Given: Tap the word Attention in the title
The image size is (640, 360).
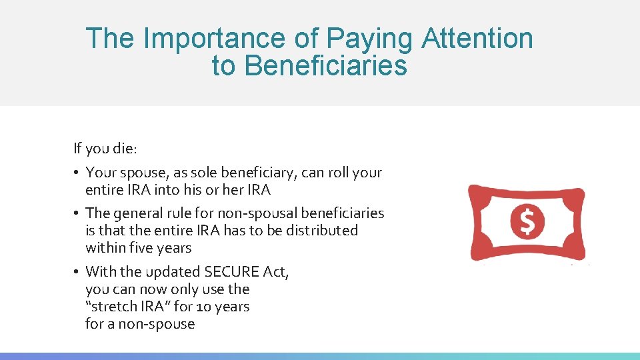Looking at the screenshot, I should click(x=477, y=39).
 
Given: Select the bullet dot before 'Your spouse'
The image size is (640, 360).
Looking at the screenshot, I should click(x=77, y=173).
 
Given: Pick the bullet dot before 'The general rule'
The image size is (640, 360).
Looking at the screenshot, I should click(x=77, y=213).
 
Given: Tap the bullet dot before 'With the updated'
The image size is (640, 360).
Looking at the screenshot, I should click(x=77, y=272).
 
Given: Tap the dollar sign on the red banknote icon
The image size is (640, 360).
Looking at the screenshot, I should click(x=527, y=221).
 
